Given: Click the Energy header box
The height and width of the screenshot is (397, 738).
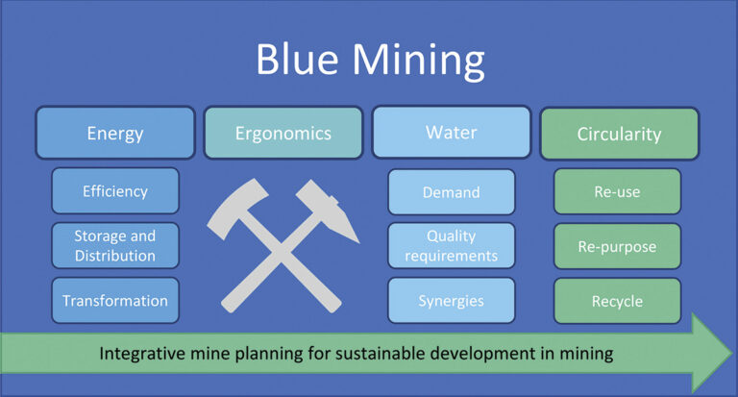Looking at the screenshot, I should tap(115, 133).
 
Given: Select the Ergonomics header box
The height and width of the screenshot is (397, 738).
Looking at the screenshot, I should tap(283, 133).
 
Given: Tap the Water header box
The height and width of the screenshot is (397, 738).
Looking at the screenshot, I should tap(451, 133).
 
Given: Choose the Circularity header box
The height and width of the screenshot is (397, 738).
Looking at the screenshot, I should tap(619, 134).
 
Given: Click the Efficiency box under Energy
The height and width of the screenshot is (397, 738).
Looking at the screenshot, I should tap(115, 190).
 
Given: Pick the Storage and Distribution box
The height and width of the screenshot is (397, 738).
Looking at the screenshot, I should tap(115, 245).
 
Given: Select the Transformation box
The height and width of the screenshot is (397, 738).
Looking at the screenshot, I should tap(115, 300).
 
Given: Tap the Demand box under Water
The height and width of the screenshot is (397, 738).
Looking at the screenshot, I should tap(451, 191).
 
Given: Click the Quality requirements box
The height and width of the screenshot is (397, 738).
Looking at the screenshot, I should tap(451, 245).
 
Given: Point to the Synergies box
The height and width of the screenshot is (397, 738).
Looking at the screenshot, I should tap(451, 300).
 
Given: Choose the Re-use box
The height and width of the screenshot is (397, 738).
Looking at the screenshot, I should tap(617, 191).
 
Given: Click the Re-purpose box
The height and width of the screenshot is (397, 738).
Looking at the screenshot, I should tap(617, 246).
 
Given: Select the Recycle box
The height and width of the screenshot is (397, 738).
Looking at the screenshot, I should tap(617, 301).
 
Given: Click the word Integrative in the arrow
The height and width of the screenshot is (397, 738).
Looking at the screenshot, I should tap(144, 353).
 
